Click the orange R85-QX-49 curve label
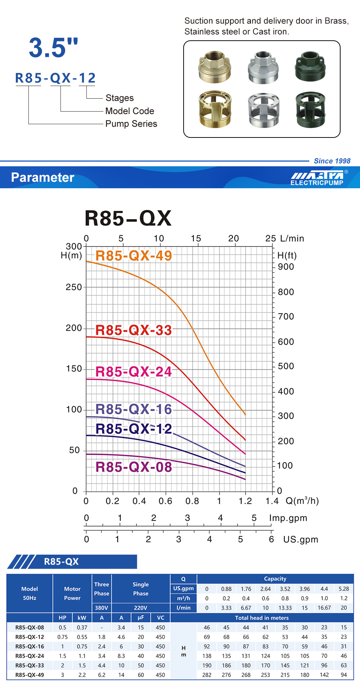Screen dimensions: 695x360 134,256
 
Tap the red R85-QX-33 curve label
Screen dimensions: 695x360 134,330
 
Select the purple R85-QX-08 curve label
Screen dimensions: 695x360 134,467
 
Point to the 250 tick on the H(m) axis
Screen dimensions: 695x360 74,287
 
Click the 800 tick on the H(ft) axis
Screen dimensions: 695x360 286,292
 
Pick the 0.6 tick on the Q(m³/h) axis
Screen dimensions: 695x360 166,501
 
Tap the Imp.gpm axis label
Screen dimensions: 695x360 288,518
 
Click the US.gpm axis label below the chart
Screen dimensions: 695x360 301,539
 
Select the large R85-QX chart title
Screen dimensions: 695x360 128,218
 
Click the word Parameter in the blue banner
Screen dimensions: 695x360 42,177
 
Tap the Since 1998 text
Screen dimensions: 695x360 332,161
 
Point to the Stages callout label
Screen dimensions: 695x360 120,98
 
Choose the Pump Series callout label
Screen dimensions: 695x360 131,124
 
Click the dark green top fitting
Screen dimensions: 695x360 310,66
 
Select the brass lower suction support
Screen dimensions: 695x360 215,109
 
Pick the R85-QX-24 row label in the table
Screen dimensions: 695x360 30,656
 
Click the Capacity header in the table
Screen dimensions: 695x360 275,579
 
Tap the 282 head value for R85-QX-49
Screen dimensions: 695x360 207,675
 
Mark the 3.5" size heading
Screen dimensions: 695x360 53,48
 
